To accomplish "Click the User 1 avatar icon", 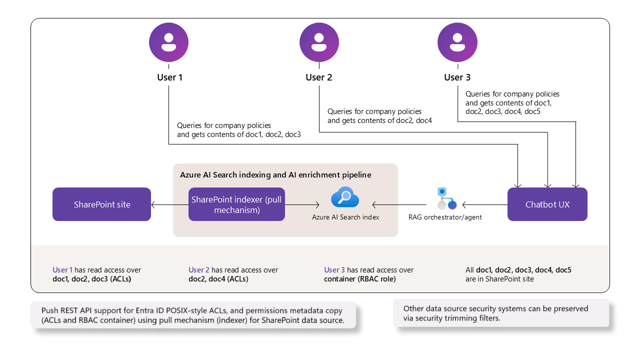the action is tap(168, 42).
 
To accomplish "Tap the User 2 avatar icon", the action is tap(319, 42).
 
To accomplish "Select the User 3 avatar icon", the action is tap(457, 42).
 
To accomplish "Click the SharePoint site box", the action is tap(101, 204).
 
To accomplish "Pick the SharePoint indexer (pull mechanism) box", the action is tap(236, 204).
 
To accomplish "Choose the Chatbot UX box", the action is tap(547, 204).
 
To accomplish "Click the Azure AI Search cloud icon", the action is tap(345, 197).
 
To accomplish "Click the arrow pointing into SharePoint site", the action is tap(169, 205).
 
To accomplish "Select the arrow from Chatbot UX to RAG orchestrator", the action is tap(485, 205).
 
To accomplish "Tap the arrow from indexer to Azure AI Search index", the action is tap(302, 205).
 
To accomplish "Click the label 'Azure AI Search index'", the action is tap(345, 217).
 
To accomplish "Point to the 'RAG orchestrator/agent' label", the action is tap(445, 217).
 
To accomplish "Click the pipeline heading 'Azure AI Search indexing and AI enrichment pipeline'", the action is tap(275, 175).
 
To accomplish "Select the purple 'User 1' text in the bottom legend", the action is tap(62, 269).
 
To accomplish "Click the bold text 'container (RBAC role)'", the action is tap(359, 279).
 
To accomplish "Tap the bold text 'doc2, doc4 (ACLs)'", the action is tap(218, 279).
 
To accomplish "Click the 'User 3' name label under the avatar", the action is tap(457, 77).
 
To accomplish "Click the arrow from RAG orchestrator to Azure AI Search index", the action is tap(399, 205).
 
